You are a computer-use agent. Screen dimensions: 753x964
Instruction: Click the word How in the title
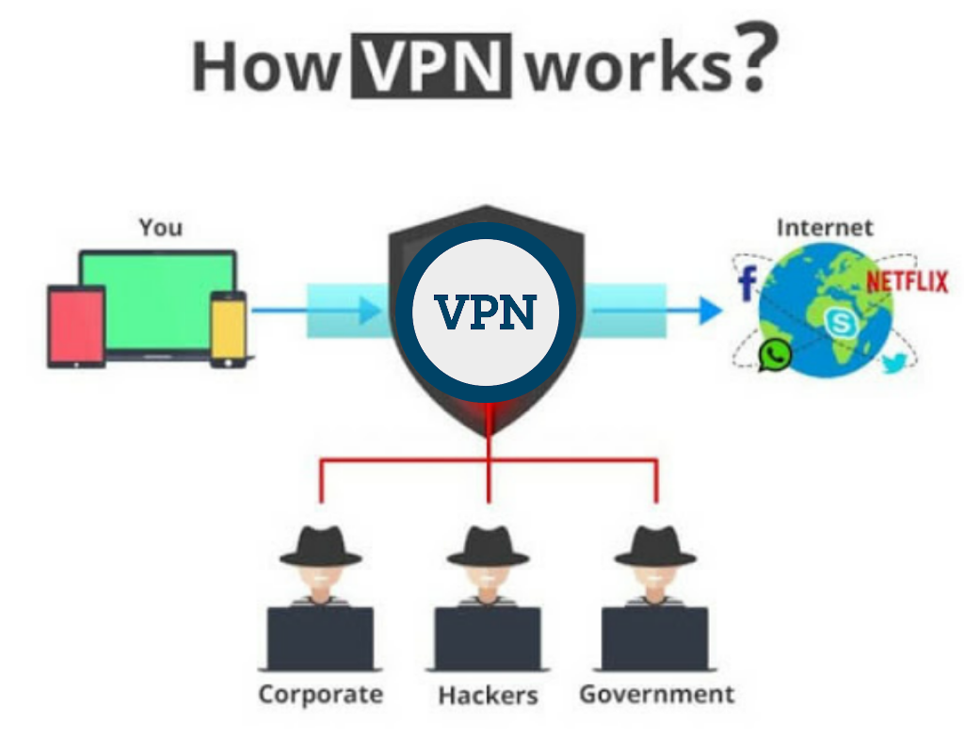(x=264, y=68)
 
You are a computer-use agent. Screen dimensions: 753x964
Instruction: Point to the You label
(x=161, y=227)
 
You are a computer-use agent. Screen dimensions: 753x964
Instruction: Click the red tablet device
(x=76, y=326)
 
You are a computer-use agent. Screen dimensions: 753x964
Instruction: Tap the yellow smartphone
(x=228, y=328)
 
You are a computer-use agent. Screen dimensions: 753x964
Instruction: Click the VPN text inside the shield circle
(x=486, y=312)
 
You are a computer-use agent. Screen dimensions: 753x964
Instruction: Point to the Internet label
(x=825, y=227)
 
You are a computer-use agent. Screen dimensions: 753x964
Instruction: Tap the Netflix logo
(x=907, y=281)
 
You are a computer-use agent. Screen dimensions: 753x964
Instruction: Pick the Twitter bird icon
(x=892, y=364)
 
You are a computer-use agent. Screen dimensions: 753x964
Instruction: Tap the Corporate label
(x=321, y=695)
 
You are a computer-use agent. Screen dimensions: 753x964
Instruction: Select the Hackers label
(x=488, y=696)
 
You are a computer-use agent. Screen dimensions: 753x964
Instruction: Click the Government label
(x=656, y=695)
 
